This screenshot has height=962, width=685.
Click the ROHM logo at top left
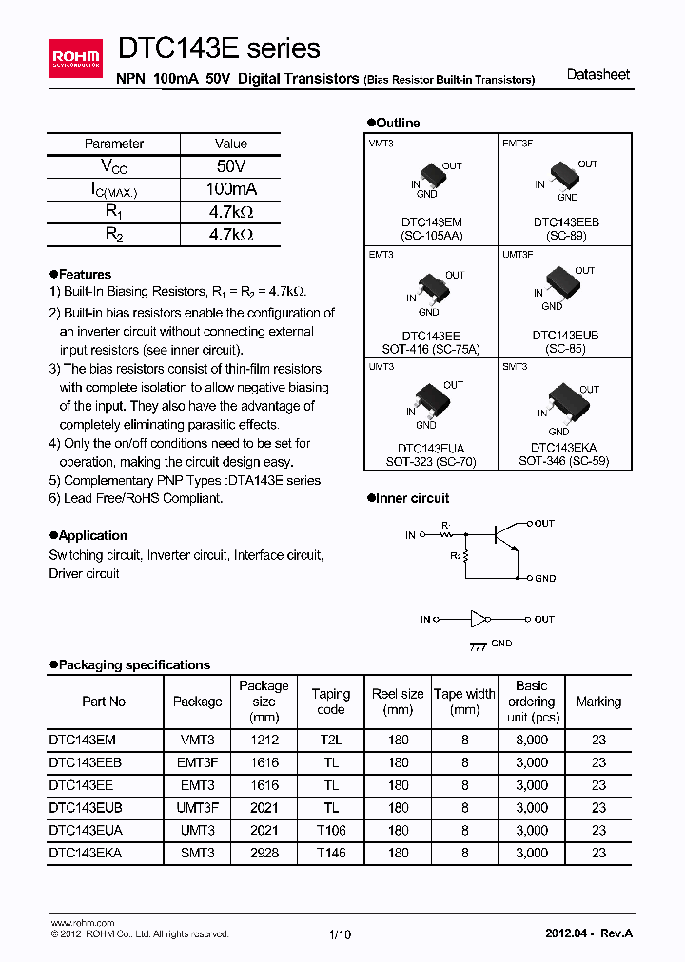76,60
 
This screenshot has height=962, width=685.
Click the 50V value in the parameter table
231,166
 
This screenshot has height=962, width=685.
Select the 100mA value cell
231,189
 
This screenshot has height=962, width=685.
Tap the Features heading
85,275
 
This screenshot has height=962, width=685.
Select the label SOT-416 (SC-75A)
430,349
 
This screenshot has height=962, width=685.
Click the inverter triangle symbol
478,619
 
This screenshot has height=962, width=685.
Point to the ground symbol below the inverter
475,645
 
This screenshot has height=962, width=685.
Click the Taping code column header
331,702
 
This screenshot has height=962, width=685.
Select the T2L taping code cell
331,740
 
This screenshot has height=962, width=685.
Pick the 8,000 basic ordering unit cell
531,740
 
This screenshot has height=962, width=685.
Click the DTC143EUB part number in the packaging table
85,807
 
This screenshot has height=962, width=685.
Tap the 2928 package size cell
264,853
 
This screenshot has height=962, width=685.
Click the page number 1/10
340,934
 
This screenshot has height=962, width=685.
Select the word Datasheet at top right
597,74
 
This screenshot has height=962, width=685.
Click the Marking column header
598,702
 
